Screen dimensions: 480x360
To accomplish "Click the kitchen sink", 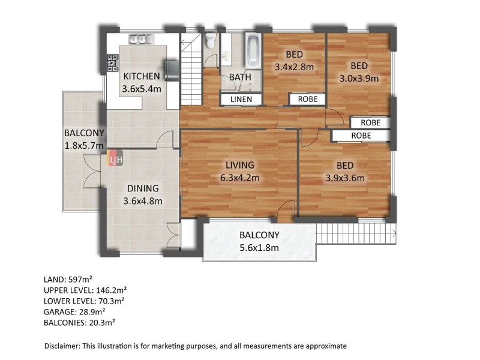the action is pos(142,39).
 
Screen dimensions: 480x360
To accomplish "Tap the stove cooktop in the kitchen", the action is pos(113,64).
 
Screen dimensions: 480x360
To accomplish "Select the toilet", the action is pos(211,41).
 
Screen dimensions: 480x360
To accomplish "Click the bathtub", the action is pos(253,51).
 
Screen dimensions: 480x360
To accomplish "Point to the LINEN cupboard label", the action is pos(241,99).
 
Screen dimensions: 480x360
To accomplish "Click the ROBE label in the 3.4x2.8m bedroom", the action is pos(308,99).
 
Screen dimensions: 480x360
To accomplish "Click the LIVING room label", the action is pos(240,165).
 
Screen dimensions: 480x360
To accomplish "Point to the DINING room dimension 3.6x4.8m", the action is pos(143,201).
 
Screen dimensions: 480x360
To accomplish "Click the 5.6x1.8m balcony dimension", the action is pos(259,247).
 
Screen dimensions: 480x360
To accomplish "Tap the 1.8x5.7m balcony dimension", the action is pos(84,145).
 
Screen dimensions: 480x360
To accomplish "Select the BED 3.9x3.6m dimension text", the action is pos(345,178).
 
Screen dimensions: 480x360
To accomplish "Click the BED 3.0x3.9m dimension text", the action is pos(359,79).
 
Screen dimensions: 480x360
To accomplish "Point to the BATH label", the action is pos(241,77).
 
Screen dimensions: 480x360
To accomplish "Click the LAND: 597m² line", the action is pos(68,279).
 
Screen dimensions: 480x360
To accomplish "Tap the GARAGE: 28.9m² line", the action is pos(74,311).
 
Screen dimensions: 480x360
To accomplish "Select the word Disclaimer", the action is pos(62,346).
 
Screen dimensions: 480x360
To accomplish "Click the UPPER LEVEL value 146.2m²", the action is pos(112,290).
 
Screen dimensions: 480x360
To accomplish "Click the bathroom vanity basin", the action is pos(226,56).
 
